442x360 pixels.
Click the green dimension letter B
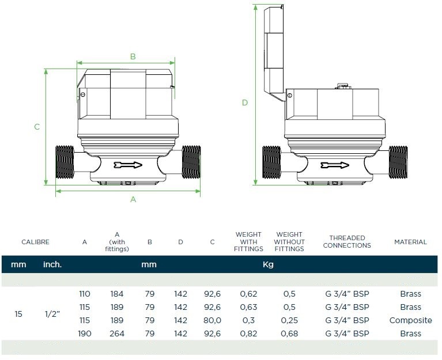pyautogui.click(x=133, y=56)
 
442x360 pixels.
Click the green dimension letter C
pyautogui.click(x=37, y=127)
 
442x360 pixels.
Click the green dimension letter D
pyautogui.click(x=245, y=103)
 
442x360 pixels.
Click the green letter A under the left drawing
pyautogui.click(x=133, y=199)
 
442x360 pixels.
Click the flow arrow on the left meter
pyautogui.click(x=128, y=165)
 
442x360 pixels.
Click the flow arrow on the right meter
pyautogui.click(x=335, y=166)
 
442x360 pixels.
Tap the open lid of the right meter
pyautogui.click(x=274, y=52)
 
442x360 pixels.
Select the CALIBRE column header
pyautogui.click(x=35, y=242)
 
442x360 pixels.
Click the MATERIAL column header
pyautogui.click(x=410, y=242)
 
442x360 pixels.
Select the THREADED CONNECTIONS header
pyautogui.click(x=347, y=242)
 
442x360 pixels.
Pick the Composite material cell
pyautogui.click(x=410, y=320)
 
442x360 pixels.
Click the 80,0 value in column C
pyautogui.click(x=213, y=320)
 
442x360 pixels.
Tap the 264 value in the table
pyautogui.click(x=117, y=334)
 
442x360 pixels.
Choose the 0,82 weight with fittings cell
pyautogui.click(x=248, y=334)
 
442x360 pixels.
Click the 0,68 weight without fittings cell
pyautogui.click(x=289, y=334)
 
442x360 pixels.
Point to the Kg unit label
pyautogui.click(x=268, y=265)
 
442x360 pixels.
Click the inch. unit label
pyautogui.click(x=52, y=265)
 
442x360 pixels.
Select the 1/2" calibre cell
pyautogui.click(x=52, y=314)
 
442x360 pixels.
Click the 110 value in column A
pyautogui.click(x=84, y=294)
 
